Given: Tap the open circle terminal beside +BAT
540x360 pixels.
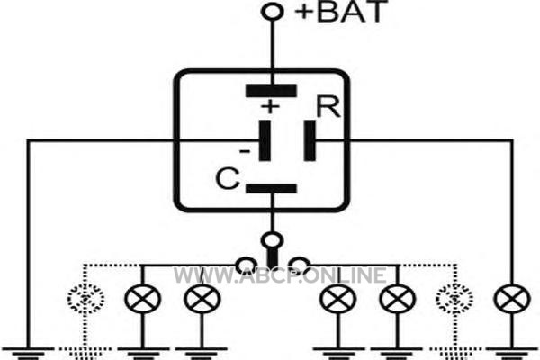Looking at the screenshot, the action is (x=273, y=12).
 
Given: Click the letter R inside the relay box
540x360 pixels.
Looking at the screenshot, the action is (x=328, y=107).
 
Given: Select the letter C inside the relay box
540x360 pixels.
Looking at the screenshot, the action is (x=228, y=178).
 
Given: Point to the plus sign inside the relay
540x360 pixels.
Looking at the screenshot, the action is (x=270, y=106).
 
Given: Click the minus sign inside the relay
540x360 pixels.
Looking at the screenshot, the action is (x=245, y=151).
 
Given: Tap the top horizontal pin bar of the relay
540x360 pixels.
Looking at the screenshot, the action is (x=271, y=91).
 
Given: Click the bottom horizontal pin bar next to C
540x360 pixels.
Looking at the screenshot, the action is (x=271, y=188).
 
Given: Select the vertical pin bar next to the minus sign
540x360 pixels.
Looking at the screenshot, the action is (x=265, y=140).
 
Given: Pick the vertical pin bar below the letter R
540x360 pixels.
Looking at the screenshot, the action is (x=310, y=140).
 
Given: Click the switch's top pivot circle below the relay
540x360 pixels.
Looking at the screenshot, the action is (x=272, y=240).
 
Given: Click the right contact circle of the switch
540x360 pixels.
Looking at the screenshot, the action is (x=299, y=265).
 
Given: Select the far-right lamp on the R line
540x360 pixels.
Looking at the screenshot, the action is (x=512, y=299).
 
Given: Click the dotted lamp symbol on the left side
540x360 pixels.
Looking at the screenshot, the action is (x=85, y=299).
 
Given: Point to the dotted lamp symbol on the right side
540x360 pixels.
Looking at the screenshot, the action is (x=454, y=299).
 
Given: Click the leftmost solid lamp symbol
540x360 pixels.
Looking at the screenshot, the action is (x=142, y=299).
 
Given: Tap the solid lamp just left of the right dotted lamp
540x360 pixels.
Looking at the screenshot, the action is (x=398, y=299).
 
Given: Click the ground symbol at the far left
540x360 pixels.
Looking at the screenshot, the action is (x=29, y=353).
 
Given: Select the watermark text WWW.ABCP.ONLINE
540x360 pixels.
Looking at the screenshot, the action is (x=280, y=275).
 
